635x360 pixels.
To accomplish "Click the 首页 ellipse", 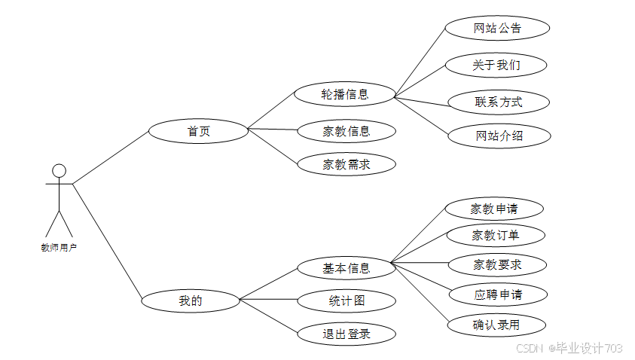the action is tap(198, 131).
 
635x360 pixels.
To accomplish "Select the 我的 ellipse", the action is tap(191, 301).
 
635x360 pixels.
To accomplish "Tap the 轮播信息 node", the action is tap(345, 94).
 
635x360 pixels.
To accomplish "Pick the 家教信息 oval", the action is tap(347, 131).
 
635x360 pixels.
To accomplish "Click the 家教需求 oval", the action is tap(347, 164).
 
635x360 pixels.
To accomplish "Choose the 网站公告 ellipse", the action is tap(497, 28).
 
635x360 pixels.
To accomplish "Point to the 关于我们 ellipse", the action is tap(496, 65).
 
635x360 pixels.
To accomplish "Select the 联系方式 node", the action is tap(499, 102).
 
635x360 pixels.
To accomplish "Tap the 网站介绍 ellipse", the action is tap(499, 136).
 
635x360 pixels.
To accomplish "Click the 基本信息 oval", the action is tap(347, 267).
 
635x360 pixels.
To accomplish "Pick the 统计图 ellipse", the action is tap(347, 301).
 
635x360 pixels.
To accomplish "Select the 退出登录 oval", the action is tap(347, 334).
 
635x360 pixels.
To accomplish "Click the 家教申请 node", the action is tap(494, 209).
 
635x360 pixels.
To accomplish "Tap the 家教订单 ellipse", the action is tap(496, 235).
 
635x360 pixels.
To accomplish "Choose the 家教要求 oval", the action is tap(497, 265).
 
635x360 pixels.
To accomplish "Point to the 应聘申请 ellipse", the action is tap(498, 294).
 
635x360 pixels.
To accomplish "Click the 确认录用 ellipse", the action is tap(496, 325).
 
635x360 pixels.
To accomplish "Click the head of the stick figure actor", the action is tap(59, 171).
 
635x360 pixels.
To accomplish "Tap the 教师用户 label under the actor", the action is tap(59, 247).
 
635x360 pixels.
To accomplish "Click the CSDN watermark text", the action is tap(530, 348).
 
